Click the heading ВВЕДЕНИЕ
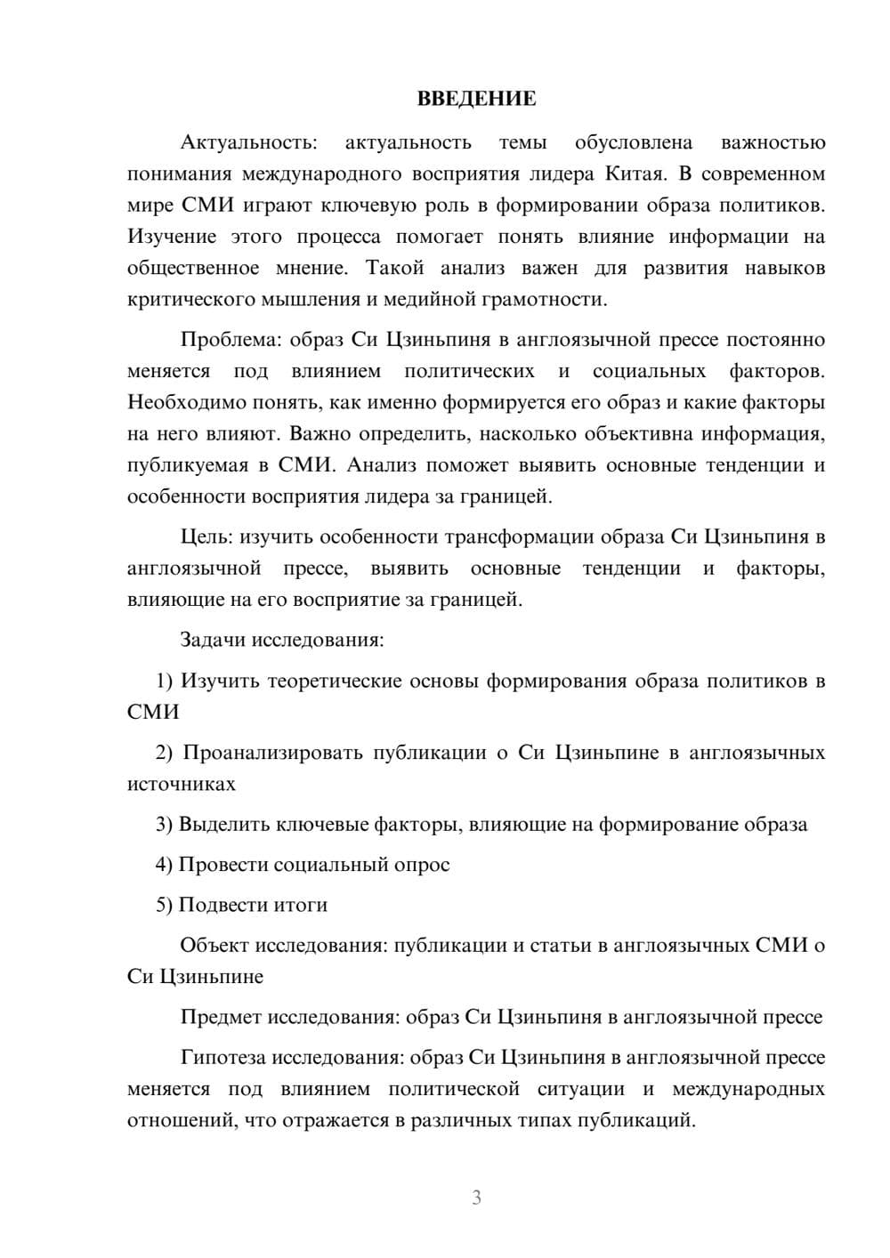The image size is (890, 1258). click(x=476, y=99)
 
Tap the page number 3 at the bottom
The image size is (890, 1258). click(x=476, y=1198)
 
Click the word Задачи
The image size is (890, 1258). click(x=213, y=640)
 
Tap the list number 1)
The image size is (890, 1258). click(x=165, y=681)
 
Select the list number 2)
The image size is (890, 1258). click(x=165, y=753)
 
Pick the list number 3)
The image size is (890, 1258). click(x=165, y=825)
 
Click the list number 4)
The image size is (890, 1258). click(x=165, y=865)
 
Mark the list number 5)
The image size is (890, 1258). click(x=165, y=905)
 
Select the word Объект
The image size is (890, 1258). click(x=214, y=945)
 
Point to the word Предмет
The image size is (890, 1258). click(x=222, y=1017)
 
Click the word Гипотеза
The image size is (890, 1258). click(x=223, y=1058)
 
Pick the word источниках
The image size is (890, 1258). click(x=182, y=784)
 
